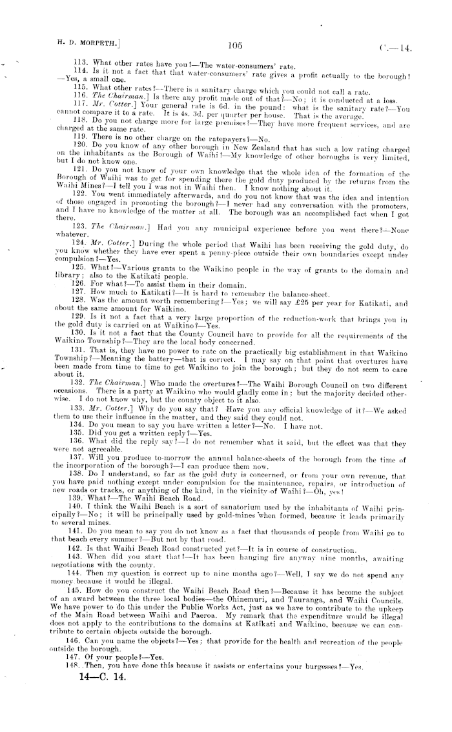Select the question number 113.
[81, 63]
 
